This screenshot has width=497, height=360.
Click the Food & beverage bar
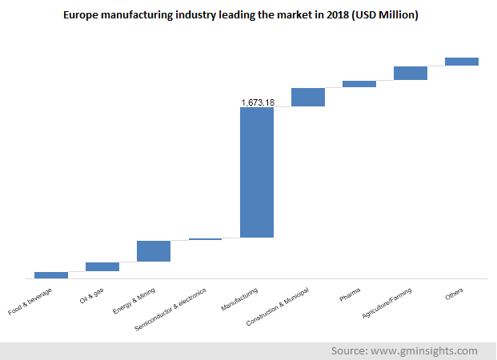(x=51, y=274)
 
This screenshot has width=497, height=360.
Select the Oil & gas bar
(x=102, y=266)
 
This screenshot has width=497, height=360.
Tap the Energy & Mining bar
(x=154, y=251)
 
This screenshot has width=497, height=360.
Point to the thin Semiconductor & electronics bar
(x=206, y=239)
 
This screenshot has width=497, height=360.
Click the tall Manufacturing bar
(x=257, y=172)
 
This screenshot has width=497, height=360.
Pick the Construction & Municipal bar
(x=308, y=97)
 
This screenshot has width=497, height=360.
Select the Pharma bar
(x=359, y=84)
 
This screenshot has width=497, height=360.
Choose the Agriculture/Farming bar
(x=411, y=74)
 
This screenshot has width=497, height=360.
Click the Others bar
(x=462, y=62)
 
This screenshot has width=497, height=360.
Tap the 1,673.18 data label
(x=258, y=102)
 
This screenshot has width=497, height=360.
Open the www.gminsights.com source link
(x=428, y=351)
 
